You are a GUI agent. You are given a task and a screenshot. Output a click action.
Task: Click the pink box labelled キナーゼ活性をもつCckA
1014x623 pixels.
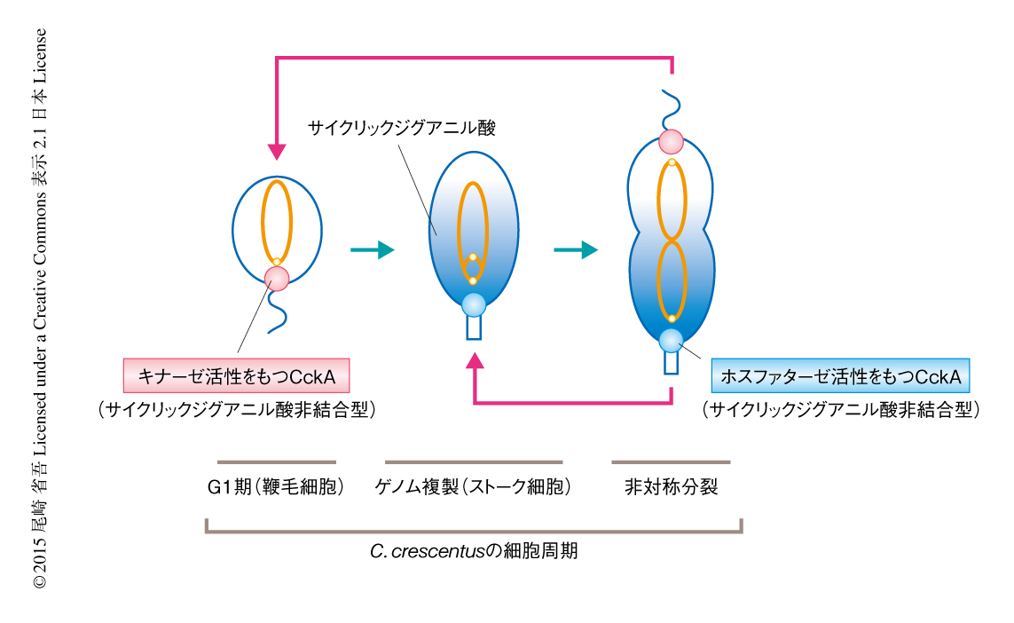pyautogui.click(x=235, y=376)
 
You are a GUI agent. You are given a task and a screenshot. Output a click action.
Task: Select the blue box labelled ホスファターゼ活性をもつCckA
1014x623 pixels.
pyautogui.click(x=841, y=376)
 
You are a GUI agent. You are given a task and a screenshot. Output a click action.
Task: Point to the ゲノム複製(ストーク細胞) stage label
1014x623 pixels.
pyautogui.click(x=472, y=486)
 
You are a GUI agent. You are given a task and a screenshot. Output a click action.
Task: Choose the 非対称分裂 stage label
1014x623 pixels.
pyautogui.click(x=671, y=486)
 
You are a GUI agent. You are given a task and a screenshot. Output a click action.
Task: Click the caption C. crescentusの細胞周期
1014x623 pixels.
pyautogui.click(x=474, y=550)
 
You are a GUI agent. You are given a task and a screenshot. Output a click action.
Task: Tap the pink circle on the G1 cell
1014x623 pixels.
pyautogui.click(x=277, y=279)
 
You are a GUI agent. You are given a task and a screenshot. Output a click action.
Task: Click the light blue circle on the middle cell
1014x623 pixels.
pyautogui.click(x=474, y=304)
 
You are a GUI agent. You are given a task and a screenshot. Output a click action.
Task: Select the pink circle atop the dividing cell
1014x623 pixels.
pyautogui.click(x=671, y=142)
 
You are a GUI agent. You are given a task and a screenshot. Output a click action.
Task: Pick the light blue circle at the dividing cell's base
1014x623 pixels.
pyautogui.click(x=671, y=339)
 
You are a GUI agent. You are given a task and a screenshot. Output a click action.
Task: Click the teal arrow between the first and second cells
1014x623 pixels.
pyautogui.click(x=373, y=250)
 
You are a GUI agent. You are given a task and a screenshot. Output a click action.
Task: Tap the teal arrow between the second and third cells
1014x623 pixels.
pyautogui.click(x=575, y=250)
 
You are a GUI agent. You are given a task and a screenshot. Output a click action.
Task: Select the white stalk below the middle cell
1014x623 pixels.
pyautogui.click(x=474, y=328)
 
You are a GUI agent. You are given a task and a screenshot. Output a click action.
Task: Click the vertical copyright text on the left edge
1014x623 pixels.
pyautogui.click(x=40, y=311)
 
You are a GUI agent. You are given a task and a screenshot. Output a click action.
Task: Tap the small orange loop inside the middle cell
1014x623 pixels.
pyautogui.click(x=473, y=267)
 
